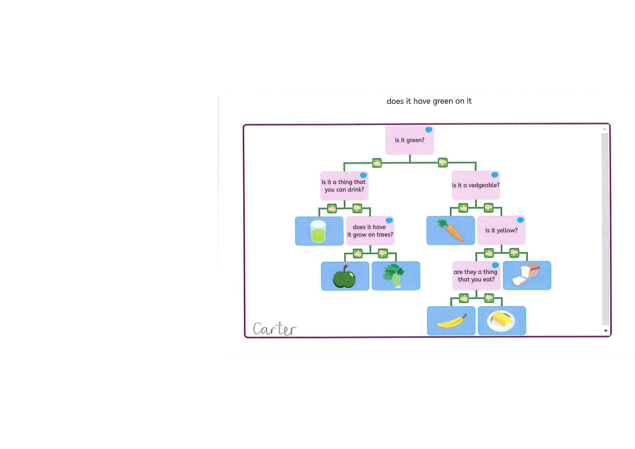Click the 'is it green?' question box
[409, 140]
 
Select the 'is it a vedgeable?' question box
[476, 185]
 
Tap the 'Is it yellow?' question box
[501, 230]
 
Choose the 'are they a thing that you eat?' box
[476, 276]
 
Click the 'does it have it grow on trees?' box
[370, 231]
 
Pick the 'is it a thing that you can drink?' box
[344, 186]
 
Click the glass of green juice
[318, 231]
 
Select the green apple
[344, 277]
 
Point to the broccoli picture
[393, 275]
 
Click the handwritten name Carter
[275, 329]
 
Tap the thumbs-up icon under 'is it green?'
[377, 163]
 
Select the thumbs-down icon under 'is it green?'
[442, 162]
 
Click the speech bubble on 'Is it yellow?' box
[520, 220]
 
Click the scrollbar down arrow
[606, 331]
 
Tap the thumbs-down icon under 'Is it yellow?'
[514, 253]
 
